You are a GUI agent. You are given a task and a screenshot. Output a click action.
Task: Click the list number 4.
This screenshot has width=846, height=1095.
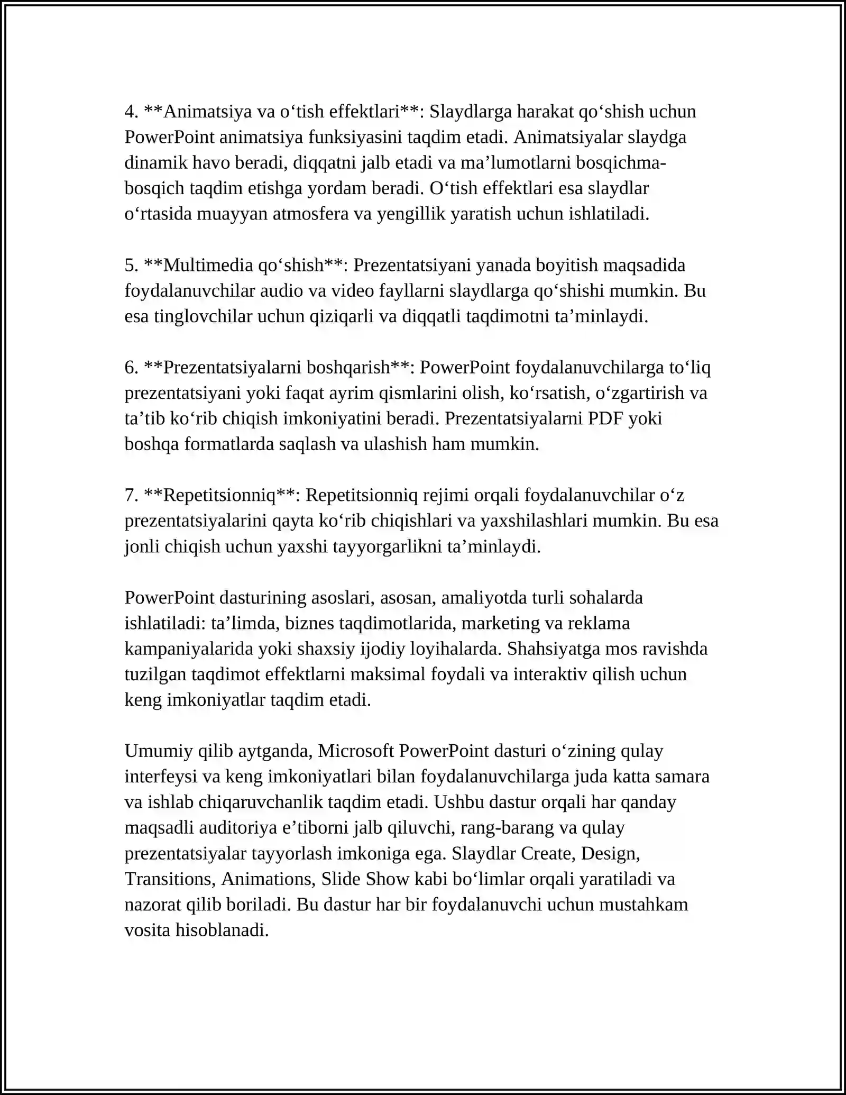coord(131,112)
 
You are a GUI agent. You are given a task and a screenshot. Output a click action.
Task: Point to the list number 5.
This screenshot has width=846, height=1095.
coord(131,266)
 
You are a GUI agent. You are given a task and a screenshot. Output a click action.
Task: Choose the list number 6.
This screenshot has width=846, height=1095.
coord(131,368)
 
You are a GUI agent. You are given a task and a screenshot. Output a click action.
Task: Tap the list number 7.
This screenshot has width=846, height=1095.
coord(131,496)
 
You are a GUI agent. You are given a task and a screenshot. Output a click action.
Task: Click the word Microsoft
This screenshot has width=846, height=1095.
coord(356,751)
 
